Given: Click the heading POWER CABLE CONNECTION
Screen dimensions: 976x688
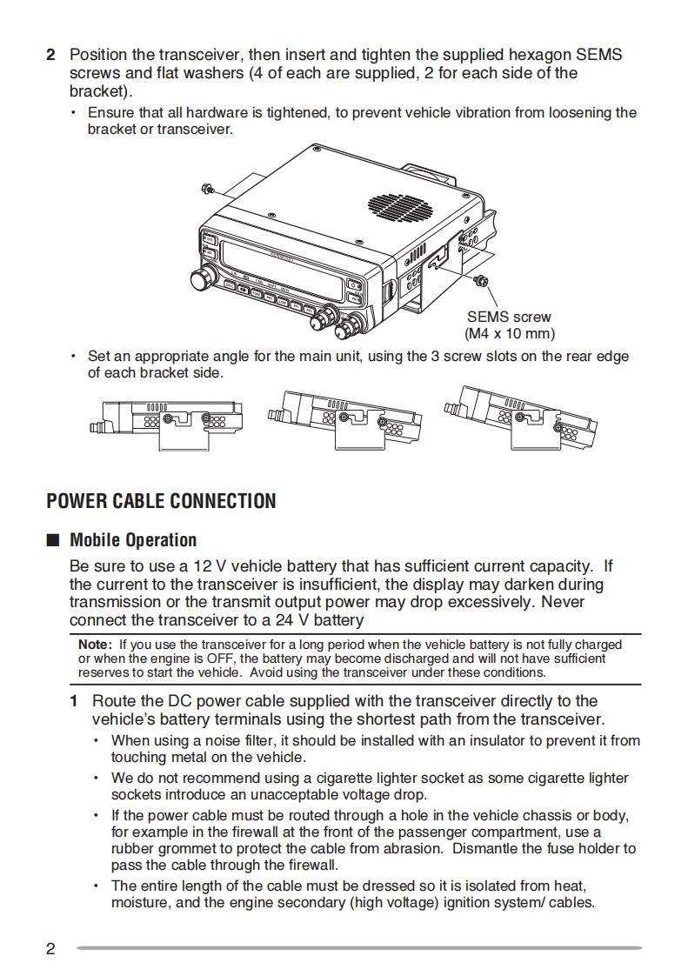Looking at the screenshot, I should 161,501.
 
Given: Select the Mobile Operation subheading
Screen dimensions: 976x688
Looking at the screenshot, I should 133,540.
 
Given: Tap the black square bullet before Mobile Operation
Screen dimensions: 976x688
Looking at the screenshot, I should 52,540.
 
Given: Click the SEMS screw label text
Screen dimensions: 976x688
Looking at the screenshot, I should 509,318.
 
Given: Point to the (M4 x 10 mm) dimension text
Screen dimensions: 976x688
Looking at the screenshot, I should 509,333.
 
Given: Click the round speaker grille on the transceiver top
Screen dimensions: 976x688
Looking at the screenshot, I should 399,205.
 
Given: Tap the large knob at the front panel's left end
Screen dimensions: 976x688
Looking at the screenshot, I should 203,278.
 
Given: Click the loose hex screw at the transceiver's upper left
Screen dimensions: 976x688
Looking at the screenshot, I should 207,189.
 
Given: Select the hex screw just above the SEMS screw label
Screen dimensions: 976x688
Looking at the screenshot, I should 480,279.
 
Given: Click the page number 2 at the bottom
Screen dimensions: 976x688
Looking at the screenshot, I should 50,948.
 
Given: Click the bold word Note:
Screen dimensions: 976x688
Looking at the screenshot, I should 95,645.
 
